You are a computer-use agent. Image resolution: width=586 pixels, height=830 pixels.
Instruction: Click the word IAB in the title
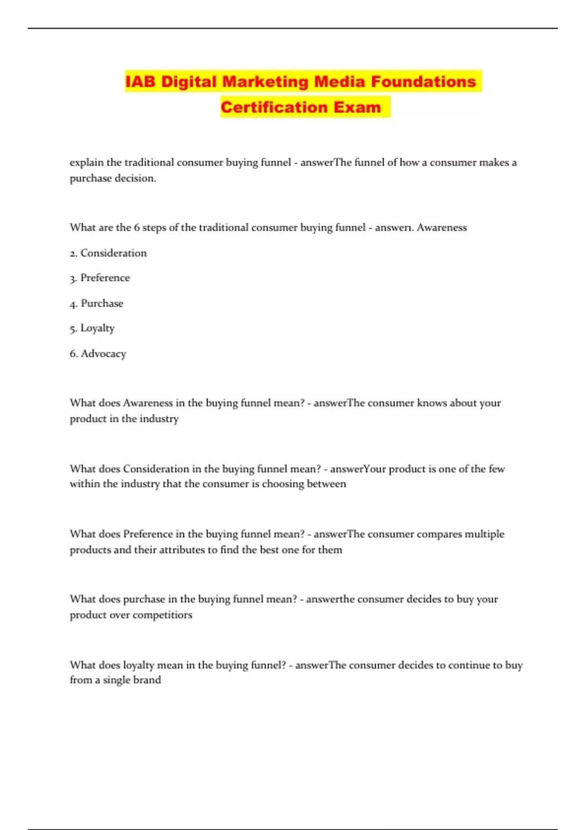[x=141, y=82]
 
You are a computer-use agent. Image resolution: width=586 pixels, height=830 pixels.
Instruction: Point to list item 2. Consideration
[x=108, y=253]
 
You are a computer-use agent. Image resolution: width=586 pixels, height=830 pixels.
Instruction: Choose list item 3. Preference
[x=100, y=278]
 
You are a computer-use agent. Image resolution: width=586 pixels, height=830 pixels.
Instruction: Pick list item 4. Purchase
[x=96, y=303]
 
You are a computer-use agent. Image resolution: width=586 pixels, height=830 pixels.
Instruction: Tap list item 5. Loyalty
[x=92, y=328]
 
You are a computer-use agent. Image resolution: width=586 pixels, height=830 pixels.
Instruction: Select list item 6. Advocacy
[x=98, y=353]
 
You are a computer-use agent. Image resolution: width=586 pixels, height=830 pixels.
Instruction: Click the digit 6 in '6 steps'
[x=137, y=228]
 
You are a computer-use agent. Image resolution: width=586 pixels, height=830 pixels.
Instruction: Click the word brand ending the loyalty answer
[x=147, y=680]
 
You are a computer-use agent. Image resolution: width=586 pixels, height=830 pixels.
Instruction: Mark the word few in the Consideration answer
[x=497, y=469]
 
